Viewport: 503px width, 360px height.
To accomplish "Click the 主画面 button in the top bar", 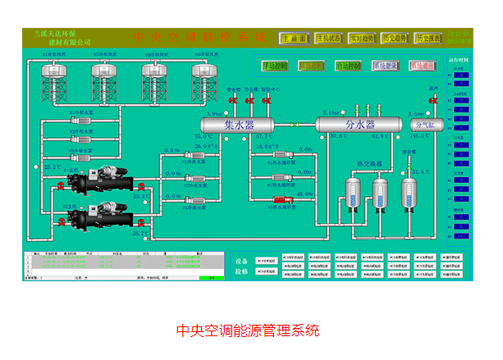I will [295, 38].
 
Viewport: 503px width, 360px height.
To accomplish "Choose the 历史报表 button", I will [428, 38].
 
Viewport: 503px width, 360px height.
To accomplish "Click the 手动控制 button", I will [275, 65].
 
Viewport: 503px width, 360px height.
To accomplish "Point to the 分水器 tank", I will [359, 125].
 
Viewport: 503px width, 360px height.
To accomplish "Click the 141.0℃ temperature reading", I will [420, 136].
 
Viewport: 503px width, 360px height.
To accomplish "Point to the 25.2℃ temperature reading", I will [52, 166].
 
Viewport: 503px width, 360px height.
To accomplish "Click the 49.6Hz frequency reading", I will [304, 194].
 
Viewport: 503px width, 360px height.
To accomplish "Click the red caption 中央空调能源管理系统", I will [249, 331].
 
